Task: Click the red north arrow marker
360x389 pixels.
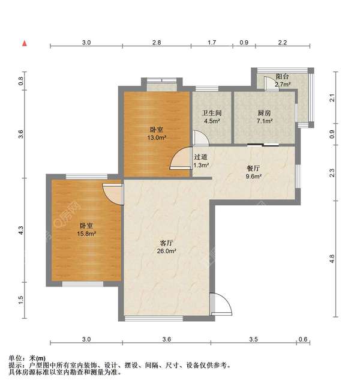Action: (25, 43)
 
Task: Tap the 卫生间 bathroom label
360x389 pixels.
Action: (212, 113)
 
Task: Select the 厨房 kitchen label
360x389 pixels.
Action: (264, 113)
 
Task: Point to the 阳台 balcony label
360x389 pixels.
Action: (283, 76)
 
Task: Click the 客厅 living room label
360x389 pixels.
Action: (166, 243)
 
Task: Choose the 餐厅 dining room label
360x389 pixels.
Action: (253, 168)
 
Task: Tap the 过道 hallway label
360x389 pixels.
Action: (200, 157)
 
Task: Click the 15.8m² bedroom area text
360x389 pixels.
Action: (86, 234)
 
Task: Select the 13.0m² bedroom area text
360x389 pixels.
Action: (157, 137)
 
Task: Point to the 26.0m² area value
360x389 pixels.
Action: (166, 251)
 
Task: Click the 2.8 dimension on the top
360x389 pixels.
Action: (157, 43)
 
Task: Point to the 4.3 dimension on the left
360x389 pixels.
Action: (21, 231)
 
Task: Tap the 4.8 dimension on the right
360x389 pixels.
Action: (332, 259)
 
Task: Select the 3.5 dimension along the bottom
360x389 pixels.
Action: (254, 339)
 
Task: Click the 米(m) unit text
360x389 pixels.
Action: (37, 358)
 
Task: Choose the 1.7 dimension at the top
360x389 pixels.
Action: (212, 43)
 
